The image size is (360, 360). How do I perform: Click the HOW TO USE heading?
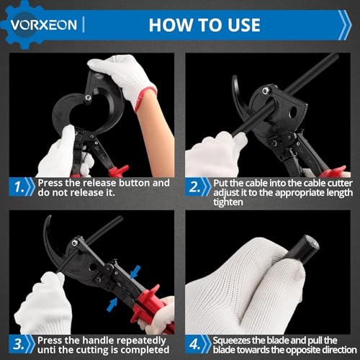pos(204,24)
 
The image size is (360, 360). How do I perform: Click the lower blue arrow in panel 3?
pos(112,305)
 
